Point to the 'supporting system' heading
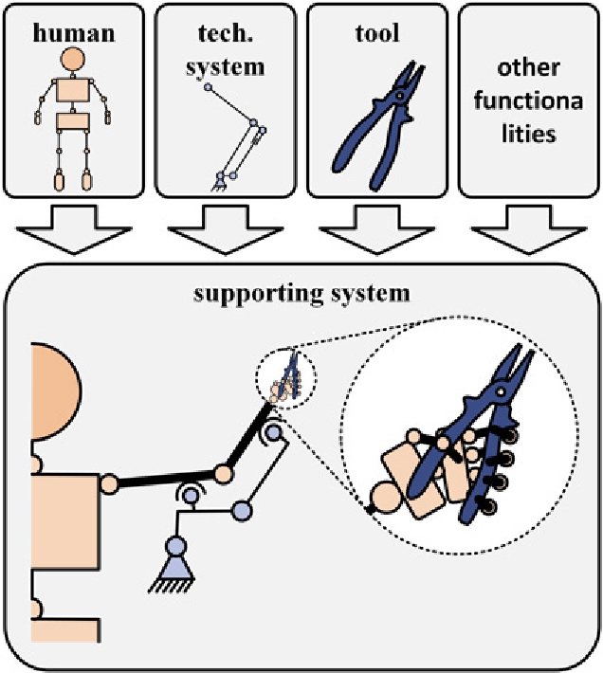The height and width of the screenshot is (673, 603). point(301,293)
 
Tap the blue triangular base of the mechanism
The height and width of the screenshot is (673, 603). point(175,565)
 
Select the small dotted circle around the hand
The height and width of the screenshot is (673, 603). point(285,379)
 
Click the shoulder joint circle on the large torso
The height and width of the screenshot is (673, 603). point(108,482)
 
